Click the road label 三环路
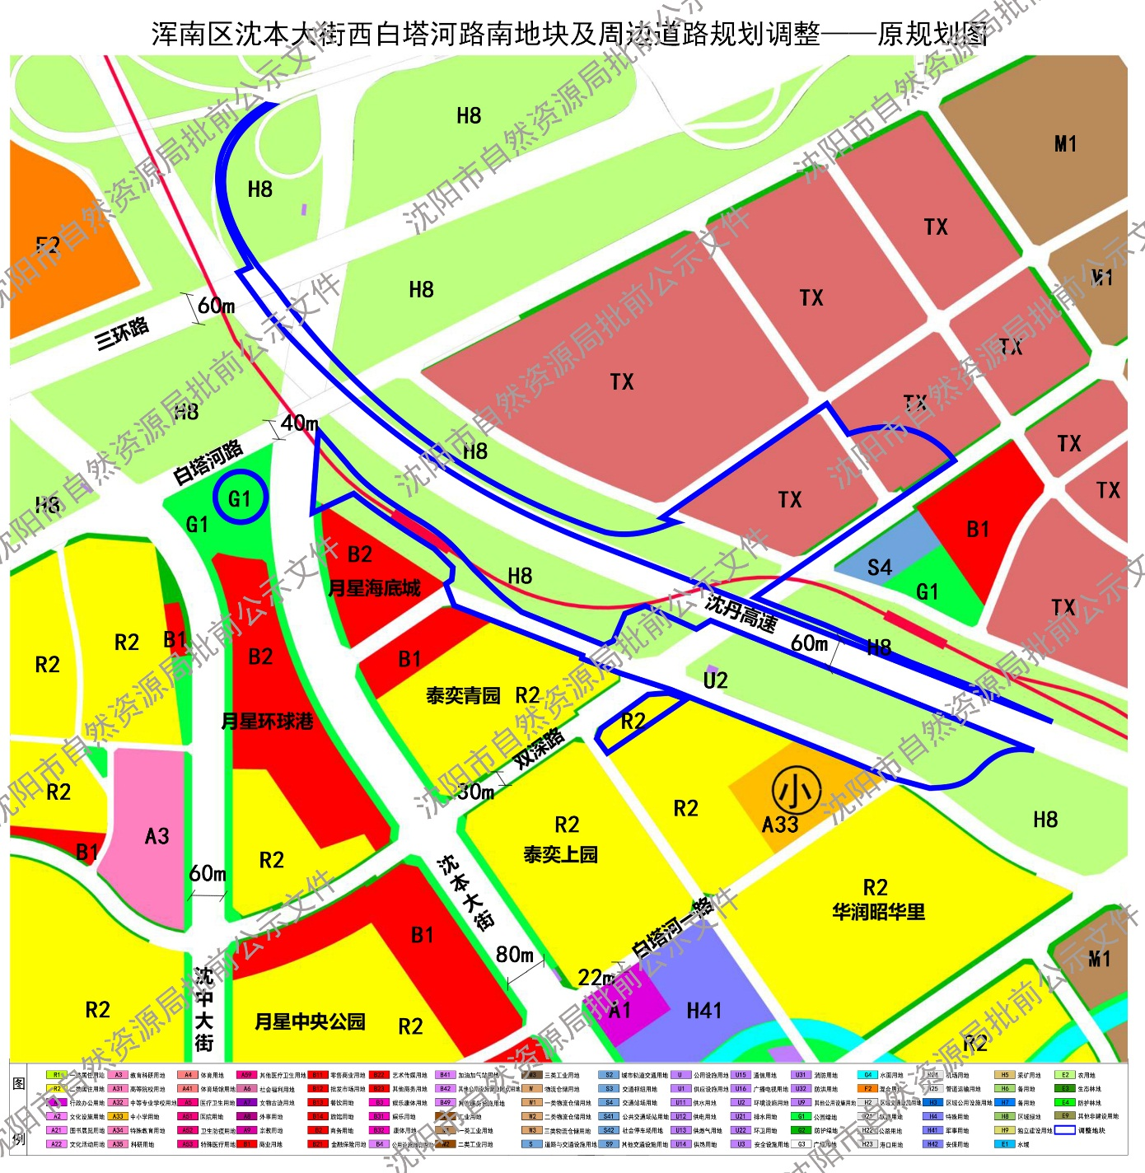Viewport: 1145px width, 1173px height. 122,332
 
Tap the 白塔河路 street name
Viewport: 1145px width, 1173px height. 208,462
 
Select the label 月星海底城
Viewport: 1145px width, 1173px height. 374,588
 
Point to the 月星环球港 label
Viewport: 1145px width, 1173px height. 268,722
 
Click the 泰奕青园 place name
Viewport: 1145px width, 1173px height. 463,696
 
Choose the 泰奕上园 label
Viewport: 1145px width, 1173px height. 560,855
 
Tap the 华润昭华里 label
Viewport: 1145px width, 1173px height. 878,912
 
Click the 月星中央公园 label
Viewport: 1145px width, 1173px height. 310,1022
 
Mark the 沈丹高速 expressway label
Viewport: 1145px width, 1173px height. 741,613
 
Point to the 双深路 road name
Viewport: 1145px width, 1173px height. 540,748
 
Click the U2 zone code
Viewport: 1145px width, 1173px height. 715,680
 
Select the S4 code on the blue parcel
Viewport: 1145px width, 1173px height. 879,568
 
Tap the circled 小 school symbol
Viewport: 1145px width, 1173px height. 796,791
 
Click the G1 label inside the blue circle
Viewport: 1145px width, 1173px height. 240,498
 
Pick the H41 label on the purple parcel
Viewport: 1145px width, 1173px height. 703,1011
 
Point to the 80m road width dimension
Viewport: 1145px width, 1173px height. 515,955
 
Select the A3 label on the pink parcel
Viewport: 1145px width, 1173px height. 157,837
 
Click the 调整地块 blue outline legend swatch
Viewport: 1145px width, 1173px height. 1065,1130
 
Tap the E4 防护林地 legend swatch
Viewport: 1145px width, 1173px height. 1065,1102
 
